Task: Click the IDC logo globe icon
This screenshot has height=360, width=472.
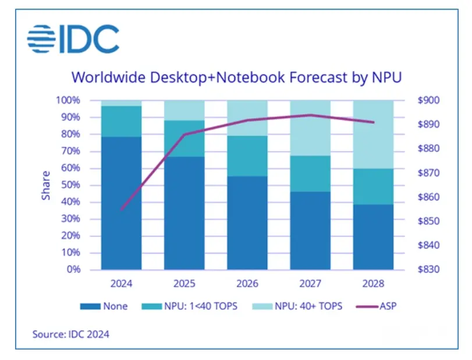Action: [41, 38]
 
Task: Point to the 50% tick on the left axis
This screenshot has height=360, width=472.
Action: [69, 185]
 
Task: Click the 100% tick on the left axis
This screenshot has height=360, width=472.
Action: [68, 100]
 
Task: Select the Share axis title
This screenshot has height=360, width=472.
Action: [46, 185]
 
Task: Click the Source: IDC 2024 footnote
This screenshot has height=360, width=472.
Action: [69, 334]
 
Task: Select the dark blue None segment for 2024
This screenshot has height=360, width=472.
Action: [122, 204]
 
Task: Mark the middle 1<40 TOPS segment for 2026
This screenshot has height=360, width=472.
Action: [247, 156]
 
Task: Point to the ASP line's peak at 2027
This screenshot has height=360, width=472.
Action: [310, 115]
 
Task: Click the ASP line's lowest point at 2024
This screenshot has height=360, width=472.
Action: [122, 210]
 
